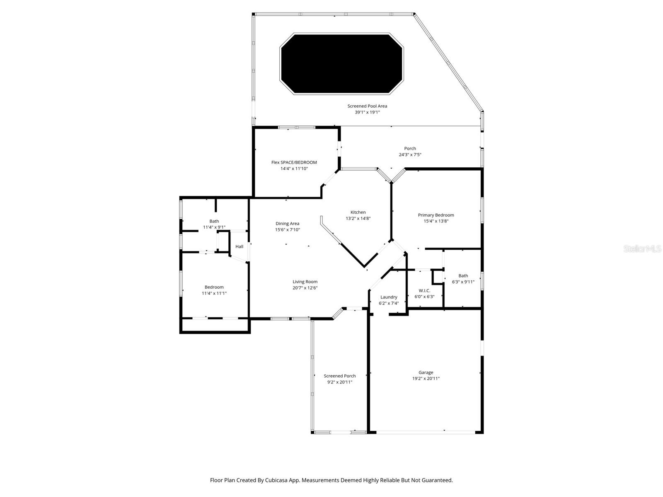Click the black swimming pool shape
(341, 64)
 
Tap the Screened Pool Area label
(367, 106)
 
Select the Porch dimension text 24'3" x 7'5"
(410, 155)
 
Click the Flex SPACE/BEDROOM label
(294, 162)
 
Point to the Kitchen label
(358, 212)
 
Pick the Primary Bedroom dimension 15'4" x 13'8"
(436, 221)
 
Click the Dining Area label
(287, 224)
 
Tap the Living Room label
(305, 282)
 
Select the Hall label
(239, 247)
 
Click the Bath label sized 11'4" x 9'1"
(214, 221)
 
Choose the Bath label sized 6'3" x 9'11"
(463, 276)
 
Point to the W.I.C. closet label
(424, 291)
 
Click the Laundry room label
(389, 297)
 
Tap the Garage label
(426, 372)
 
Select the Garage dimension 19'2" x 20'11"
(426, 379)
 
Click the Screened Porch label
(339, 376)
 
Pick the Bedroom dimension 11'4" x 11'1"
(214, 293)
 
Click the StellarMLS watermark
(643, 248)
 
